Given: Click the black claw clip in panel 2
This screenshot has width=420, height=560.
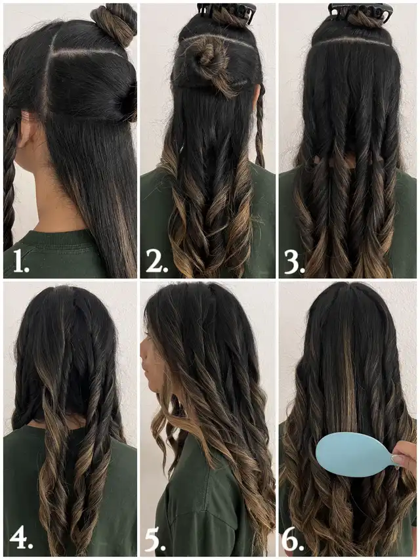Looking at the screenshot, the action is (226, 13).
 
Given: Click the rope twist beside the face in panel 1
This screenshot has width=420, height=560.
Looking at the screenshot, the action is (9, 179).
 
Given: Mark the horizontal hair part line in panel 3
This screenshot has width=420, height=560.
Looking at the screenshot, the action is (354, 43).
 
